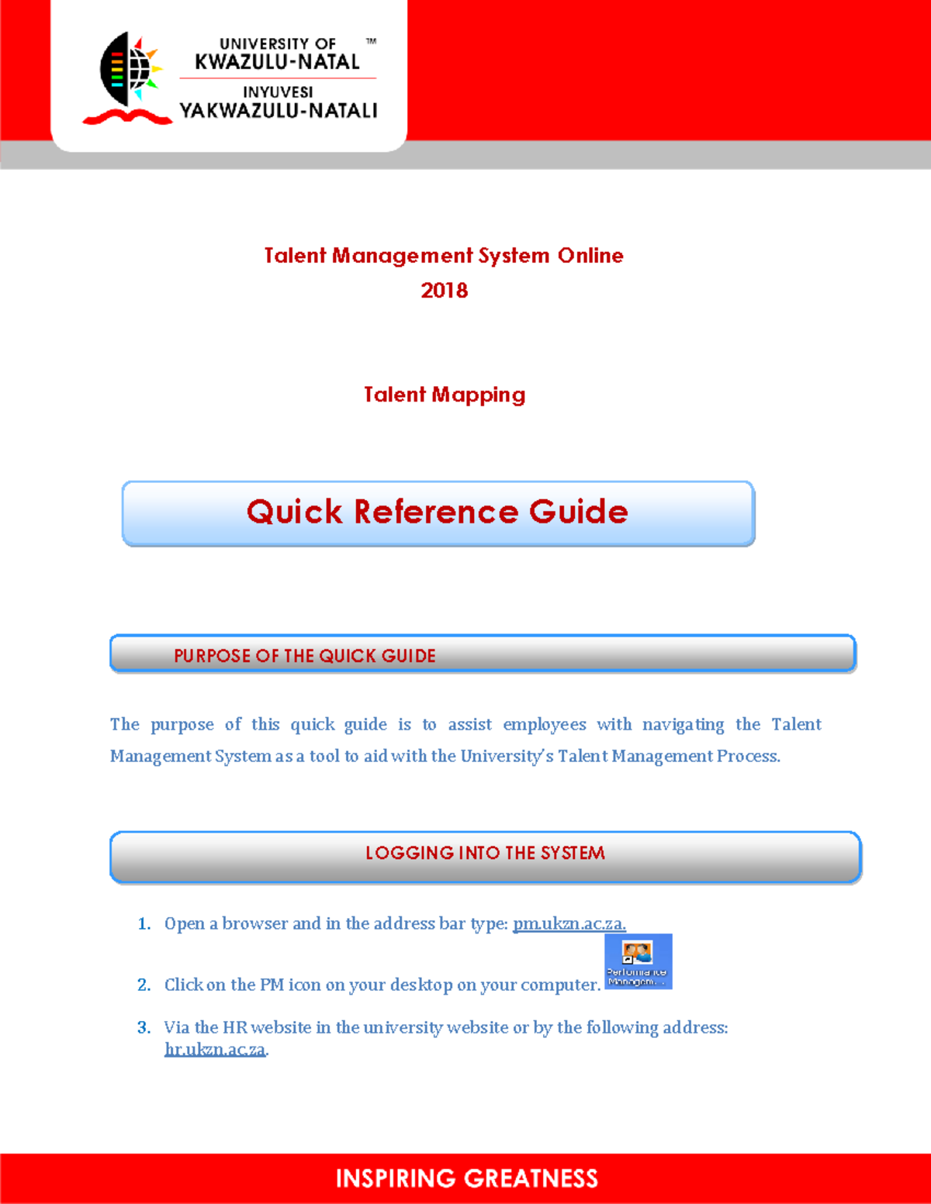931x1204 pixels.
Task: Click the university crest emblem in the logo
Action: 128,76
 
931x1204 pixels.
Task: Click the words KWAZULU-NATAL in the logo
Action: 277,62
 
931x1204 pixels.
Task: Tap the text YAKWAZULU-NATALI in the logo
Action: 278,111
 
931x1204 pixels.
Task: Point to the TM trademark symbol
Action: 371,41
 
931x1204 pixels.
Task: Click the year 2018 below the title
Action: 444,291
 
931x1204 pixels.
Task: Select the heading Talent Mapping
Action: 444,395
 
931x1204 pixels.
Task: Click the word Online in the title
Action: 590,256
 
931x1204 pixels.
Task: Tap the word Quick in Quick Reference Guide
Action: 294,512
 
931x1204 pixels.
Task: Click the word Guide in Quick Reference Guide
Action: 578,512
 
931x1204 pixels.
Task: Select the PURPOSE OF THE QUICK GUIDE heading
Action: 304,656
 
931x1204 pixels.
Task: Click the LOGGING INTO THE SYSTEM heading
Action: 485,853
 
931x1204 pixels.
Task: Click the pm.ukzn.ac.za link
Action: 569,923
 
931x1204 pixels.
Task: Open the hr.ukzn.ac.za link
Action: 215,1050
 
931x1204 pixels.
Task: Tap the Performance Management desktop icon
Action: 638,961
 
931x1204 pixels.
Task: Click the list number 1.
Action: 144,923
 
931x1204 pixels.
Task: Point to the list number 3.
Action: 144,1028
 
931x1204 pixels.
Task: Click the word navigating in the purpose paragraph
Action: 683,724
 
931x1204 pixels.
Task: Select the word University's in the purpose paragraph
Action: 507,756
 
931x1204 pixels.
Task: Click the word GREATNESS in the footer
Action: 531,1178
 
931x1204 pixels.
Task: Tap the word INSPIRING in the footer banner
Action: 396,1178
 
